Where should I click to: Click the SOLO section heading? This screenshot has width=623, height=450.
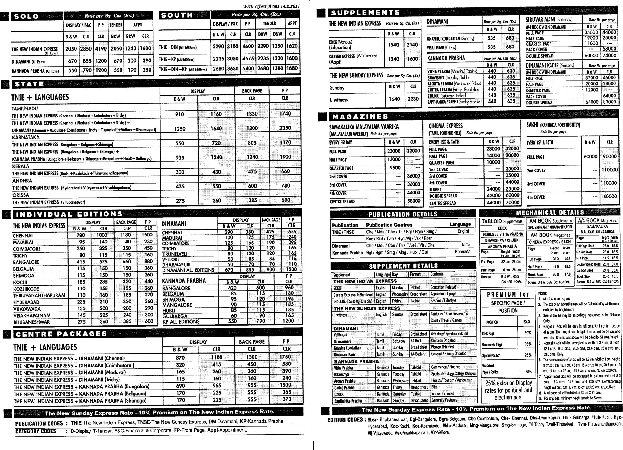click(27, 16)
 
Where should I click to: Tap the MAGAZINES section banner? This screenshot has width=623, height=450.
click(360, 117)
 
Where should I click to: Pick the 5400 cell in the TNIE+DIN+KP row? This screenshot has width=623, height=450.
click(248, 69)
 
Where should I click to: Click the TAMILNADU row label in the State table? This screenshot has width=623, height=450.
click(25, 108)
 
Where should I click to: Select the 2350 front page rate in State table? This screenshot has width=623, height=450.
click(285, 128)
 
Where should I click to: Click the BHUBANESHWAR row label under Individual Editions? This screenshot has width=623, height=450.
click(31, 322)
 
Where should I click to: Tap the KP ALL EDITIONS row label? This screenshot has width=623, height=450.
click(181, 321)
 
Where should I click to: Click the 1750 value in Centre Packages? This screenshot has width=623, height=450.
click(285, 357)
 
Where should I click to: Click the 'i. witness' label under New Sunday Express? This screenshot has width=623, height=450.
click(339, 100)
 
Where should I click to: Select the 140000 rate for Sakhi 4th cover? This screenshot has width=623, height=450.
click(608, 197)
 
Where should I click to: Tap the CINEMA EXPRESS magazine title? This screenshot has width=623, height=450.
click(445, 126)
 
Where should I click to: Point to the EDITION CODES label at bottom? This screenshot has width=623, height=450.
click(345, 420)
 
